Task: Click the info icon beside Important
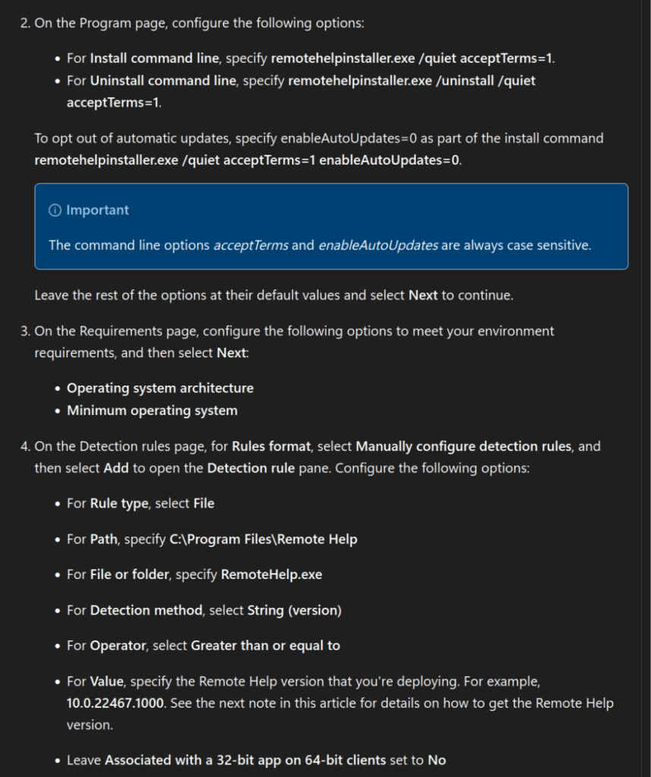[55, 210]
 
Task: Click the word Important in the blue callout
[97, 210]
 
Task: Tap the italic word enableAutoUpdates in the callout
[378, 245]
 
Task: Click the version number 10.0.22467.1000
[115, 703]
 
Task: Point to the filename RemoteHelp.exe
[271, 574]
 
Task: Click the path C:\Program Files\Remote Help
[263, 539]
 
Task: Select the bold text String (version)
[294, 610]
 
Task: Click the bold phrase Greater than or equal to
[265, 646]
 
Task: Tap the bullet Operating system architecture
[160, 388]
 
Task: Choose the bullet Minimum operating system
[152, 411]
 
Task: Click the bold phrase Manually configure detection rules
[463, 446]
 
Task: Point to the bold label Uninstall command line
[165, 80]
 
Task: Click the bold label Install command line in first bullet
[154, 58]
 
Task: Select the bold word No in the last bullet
[437, 760]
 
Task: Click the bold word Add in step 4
[117, 467]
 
